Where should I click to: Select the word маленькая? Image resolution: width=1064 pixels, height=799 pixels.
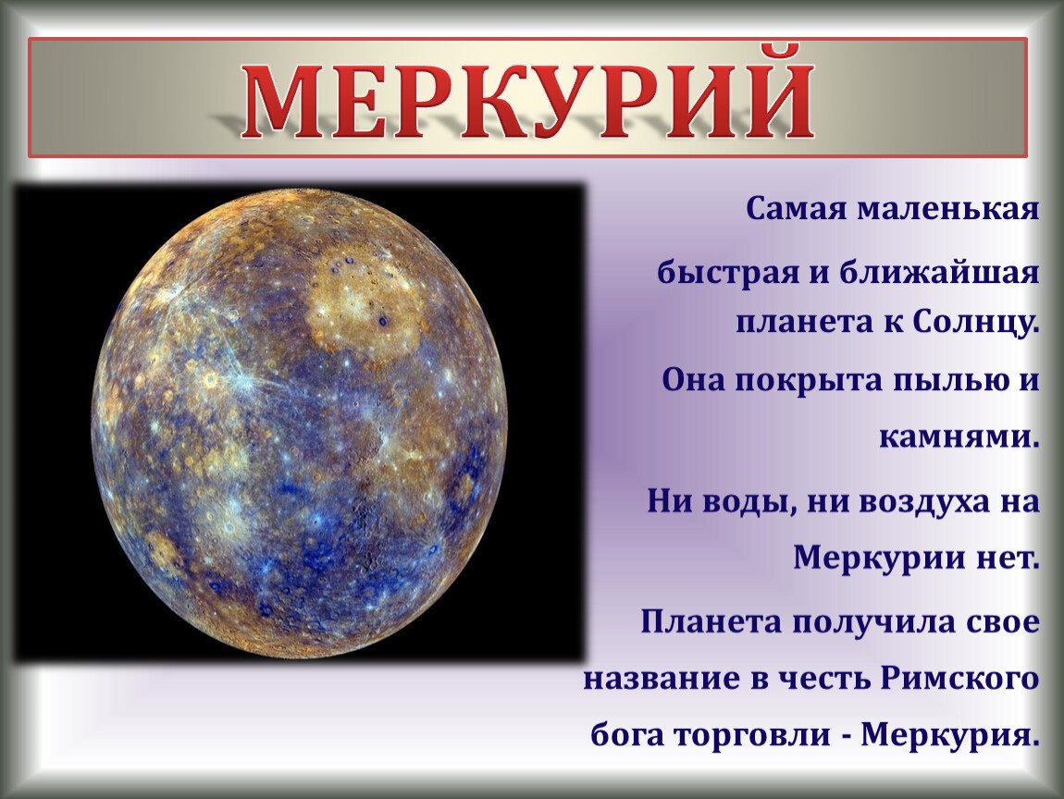pos(948,209)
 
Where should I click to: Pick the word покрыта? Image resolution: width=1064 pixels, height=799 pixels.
pos(808,380)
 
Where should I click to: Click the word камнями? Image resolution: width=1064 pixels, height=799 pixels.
pos(959,437)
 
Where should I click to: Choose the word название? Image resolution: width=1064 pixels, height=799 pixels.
pos(662,679)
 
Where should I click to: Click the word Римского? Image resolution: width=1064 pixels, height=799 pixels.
pos(961,678)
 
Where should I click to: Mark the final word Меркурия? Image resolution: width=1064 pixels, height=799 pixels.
pos(950,734)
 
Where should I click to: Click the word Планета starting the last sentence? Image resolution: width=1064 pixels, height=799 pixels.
pos(711,622)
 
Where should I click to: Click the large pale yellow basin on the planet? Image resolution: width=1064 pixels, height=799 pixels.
pos(363,299)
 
